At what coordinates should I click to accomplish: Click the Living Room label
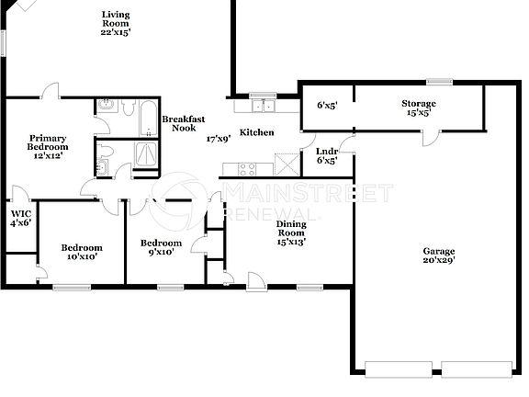click(117, 15)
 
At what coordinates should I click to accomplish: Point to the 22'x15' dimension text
click(117, 31)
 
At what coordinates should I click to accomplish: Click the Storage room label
click(418, 104)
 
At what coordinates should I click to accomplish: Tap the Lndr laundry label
click(326, 152)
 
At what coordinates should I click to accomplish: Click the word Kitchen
click(256, 132)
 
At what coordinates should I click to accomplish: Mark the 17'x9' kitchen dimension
click(218, 139)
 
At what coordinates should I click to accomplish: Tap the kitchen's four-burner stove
click(248, 167)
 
